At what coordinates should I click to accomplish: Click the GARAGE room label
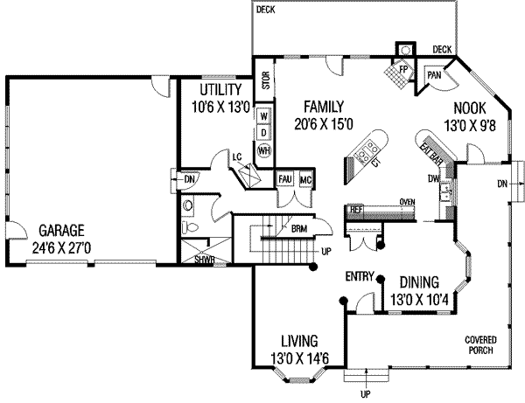click(x=60, y=232)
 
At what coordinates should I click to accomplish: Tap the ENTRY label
click(x=360, y=277)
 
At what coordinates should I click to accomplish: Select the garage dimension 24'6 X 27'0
click(x=60, y=247)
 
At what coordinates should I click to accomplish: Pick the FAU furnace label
click(x=284, y=180)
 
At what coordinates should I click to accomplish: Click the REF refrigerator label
click(x=356, y=210)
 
